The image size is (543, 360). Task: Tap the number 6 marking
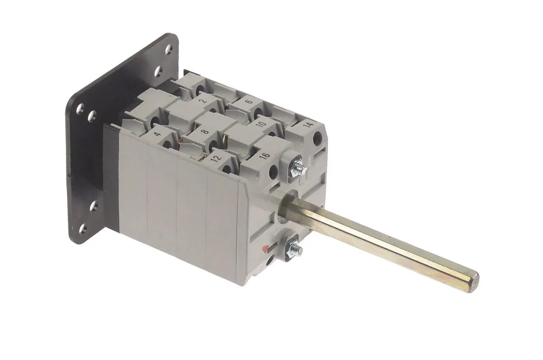coord(248,103)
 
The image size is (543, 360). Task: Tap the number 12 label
coord(216,158)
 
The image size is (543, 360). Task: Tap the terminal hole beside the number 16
coord(273,171)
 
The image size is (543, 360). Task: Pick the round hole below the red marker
coord(269,260)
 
